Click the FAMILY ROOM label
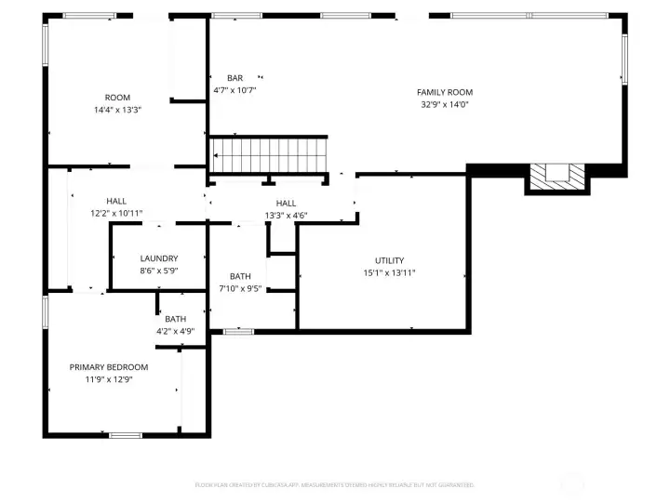(x=445, y=92)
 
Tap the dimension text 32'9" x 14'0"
(x=445, y=104)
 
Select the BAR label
(x=234, y=78)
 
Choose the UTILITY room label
(x=389, y=260)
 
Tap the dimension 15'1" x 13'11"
(x=389, y=272)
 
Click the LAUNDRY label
(x=159, y=258)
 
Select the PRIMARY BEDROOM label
(x=109, y=367)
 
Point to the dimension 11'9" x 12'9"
(x=109, y=379)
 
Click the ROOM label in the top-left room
(x=117, y=98)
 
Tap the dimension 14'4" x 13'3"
(x=117, y=110)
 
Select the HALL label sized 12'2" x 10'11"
(x=116, y=201)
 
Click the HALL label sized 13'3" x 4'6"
(x=286, y=204)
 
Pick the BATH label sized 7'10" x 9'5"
(x=240, y=276)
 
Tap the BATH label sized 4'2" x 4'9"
(x=175, y=320)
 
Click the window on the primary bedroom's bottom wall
(x=126, y=434)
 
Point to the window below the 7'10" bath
(x=238, y=331)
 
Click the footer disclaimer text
(x=335, y=485)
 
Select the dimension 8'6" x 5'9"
(x=159, y=271)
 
